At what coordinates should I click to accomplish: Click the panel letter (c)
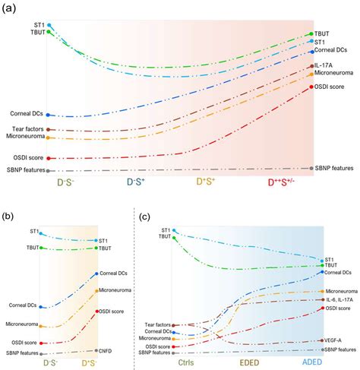[149, 215]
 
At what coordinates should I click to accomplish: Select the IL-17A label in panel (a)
[330, 66]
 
